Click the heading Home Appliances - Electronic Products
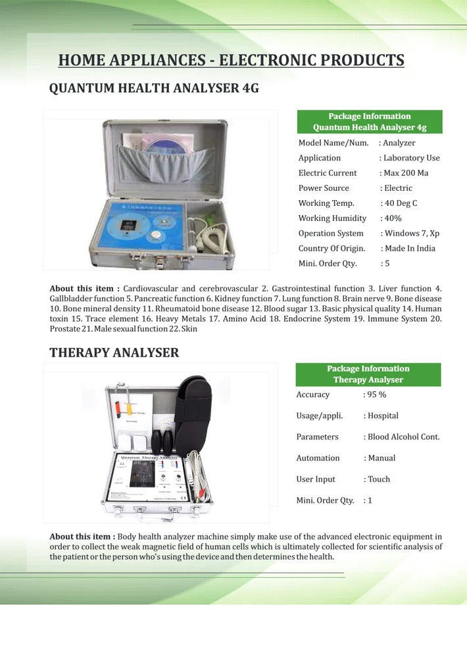click(x=231, y=61)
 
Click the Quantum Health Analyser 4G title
click(x=154, y=88)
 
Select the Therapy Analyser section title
click(x=114, y=352)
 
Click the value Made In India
click(x=410, y=248)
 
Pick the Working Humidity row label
click(x=332, y=218)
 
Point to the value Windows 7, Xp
click(x=412, y=233)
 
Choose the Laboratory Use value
click(x=412, y=158)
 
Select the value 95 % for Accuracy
click(x=376, y=394)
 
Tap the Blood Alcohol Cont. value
click(x=403, y=436)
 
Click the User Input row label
click(x=316, y=479)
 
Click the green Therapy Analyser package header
click(x=368, y=374)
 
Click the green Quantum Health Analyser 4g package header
click(x=370, y=122)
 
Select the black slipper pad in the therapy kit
click(x=194, y=408)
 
